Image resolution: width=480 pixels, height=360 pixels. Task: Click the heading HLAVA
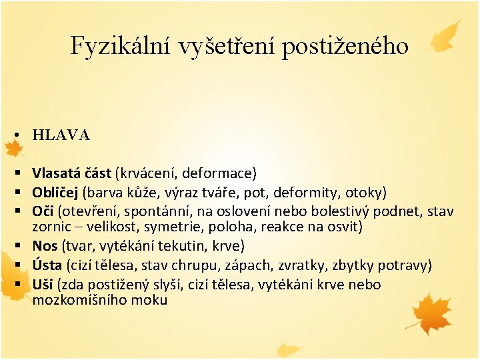[x=61, y=135]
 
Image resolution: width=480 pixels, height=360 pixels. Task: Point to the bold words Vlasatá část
[x=72, y=174]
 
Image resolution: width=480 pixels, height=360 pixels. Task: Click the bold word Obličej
[x=55, y=193]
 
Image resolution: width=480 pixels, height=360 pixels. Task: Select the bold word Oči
[x=43, y=211]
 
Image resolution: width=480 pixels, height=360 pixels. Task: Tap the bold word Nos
[x=45, y=246]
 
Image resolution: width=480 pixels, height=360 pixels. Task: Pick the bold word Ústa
[x=47, y=266]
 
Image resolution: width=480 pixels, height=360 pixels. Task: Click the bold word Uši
[x=43, y=285]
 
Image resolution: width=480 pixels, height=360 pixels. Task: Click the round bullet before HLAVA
[x=14, y=135]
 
